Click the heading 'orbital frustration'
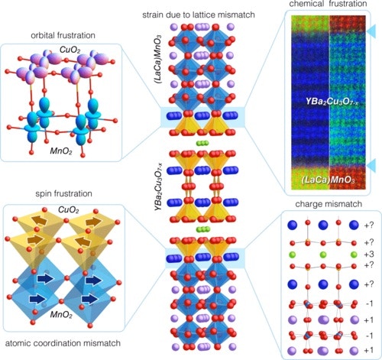click(x=63, y=35)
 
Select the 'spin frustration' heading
click(x=63, y=193)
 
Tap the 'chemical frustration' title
click(x=328, y=4)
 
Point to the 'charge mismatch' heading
click(x=329, y=204)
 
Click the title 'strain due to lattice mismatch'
click(x=199, y=15)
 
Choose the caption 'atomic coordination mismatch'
click(x=63, y=343)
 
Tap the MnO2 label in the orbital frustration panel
click(x=61, y=151)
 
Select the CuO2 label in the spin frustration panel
click(x=69, y=210)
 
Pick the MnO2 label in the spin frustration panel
click(x=61, y=314)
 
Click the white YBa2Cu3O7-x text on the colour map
click(x=332, y=102)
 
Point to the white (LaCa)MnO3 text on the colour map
click(x=328, y=180)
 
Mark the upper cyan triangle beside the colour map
click(x=372, y=31)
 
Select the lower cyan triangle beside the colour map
click(x=372, y=165)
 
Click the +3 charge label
click(x=369, y=255)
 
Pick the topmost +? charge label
click(x=369, y=225)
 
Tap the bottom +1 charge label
click(x=369, y=350)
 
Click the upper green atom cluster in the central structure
click(x=202, y=143)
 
